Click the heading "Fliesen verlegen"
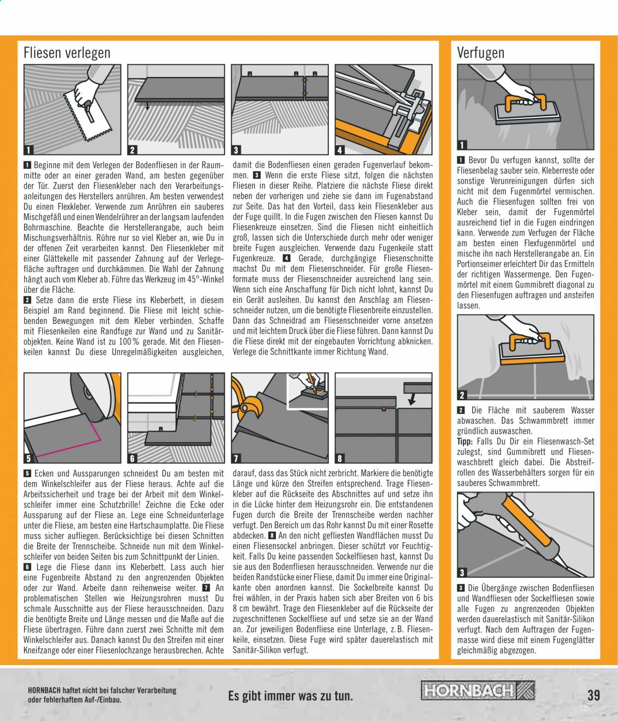click(x=67, y=53)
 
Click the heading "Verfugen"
click(x=481, y=53)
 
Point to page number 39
click(x=594, y=695)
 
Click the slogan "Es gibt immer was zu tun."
click(x=291, y=696)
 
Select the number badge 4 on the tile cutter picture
click(x=340, y=150)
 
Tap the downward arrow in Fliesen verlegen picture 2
click(x=147, y=106)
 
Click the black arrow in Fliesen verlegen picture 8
click(x=412, y=399)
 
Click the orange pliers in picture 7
click(x=247, y=401)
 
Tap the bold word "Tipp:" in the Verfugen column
click(x=465, y=442)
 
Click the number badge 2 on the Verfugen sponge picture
click(x=462, y=395)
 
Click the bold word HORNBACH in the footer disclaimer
click(x=44, y=690)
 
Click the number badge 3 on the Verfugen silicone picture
click(x=462, y=573)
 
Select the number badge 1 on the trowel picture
click(x=28, y=150)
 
